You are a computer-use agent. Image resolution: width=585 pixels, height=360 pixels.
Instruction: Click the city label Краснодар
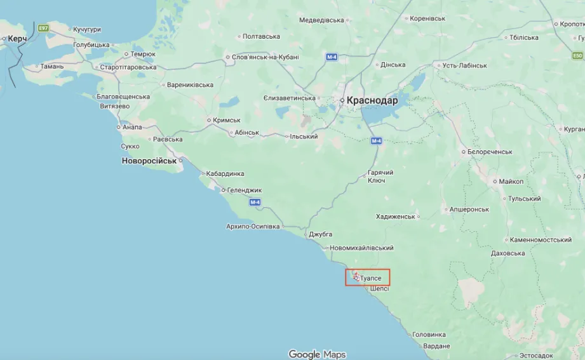[x=372, y=100]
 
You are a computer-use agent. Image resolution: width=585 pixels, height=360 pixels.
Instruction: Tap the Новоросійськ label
[x=149, y=161]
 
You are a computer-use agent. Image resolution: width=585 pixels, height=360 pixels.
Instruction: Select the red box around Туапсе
[x=368, y=277]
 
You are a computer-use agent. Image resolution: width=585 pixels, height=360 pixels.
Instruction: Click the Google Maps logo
[x=317, y=354]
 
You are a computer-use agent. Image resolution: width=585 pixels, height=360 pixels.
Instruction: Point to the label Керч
[x=17, y=39]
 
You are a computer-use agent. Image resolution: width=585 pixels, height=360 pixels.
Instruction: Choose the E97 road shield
[x=43, y=29]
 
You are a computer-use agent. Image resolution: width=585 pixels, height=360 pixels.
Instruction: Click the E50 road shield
[x=577, y=56]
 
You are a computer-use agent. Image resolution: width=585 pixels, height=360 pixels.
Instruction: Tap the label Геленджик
[x=245, y=190]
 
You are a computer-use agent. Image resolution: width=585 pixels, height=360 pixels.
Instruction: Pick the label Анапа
[x=132, y=127]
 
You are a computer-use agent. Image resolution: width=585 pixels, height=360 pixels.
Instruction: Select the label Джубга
[x=320, y=234]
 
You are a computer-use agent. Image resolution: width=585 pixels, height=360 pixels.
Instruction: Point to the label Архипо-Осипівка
[x=253, y=226]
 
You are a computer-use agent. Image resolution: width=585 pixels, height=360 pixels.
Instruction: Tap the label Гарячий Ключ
[x=380, y=177]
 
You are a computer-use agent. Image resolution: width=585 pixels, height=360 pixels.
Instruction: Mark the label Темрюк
[x=143, y=55]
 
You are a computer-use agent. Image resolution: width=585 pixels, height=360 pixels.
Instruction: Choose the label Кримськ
[x=228, y=120]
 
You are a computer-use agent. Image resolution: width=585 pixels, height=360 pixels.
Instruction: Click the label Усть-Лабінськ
[x=464, y=65]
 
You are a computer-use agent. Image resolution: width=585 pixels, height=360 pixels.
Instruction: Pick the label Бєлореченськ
[x=490, y=152]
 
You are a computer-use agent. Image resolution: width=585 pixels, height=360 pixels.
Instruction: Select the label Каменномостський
[x=541, y=240]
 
